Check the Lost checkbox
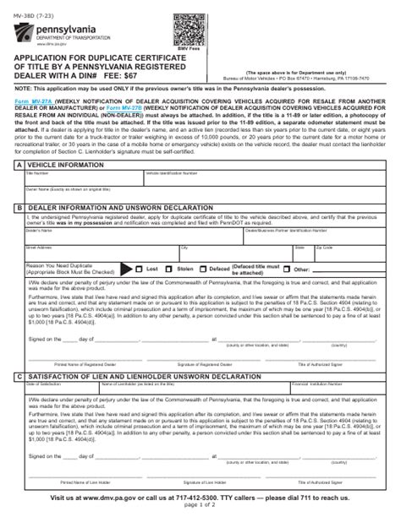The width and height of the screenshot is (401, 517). [140, 269]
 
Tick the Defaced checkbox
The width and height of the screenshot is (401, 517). [204, 269]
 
